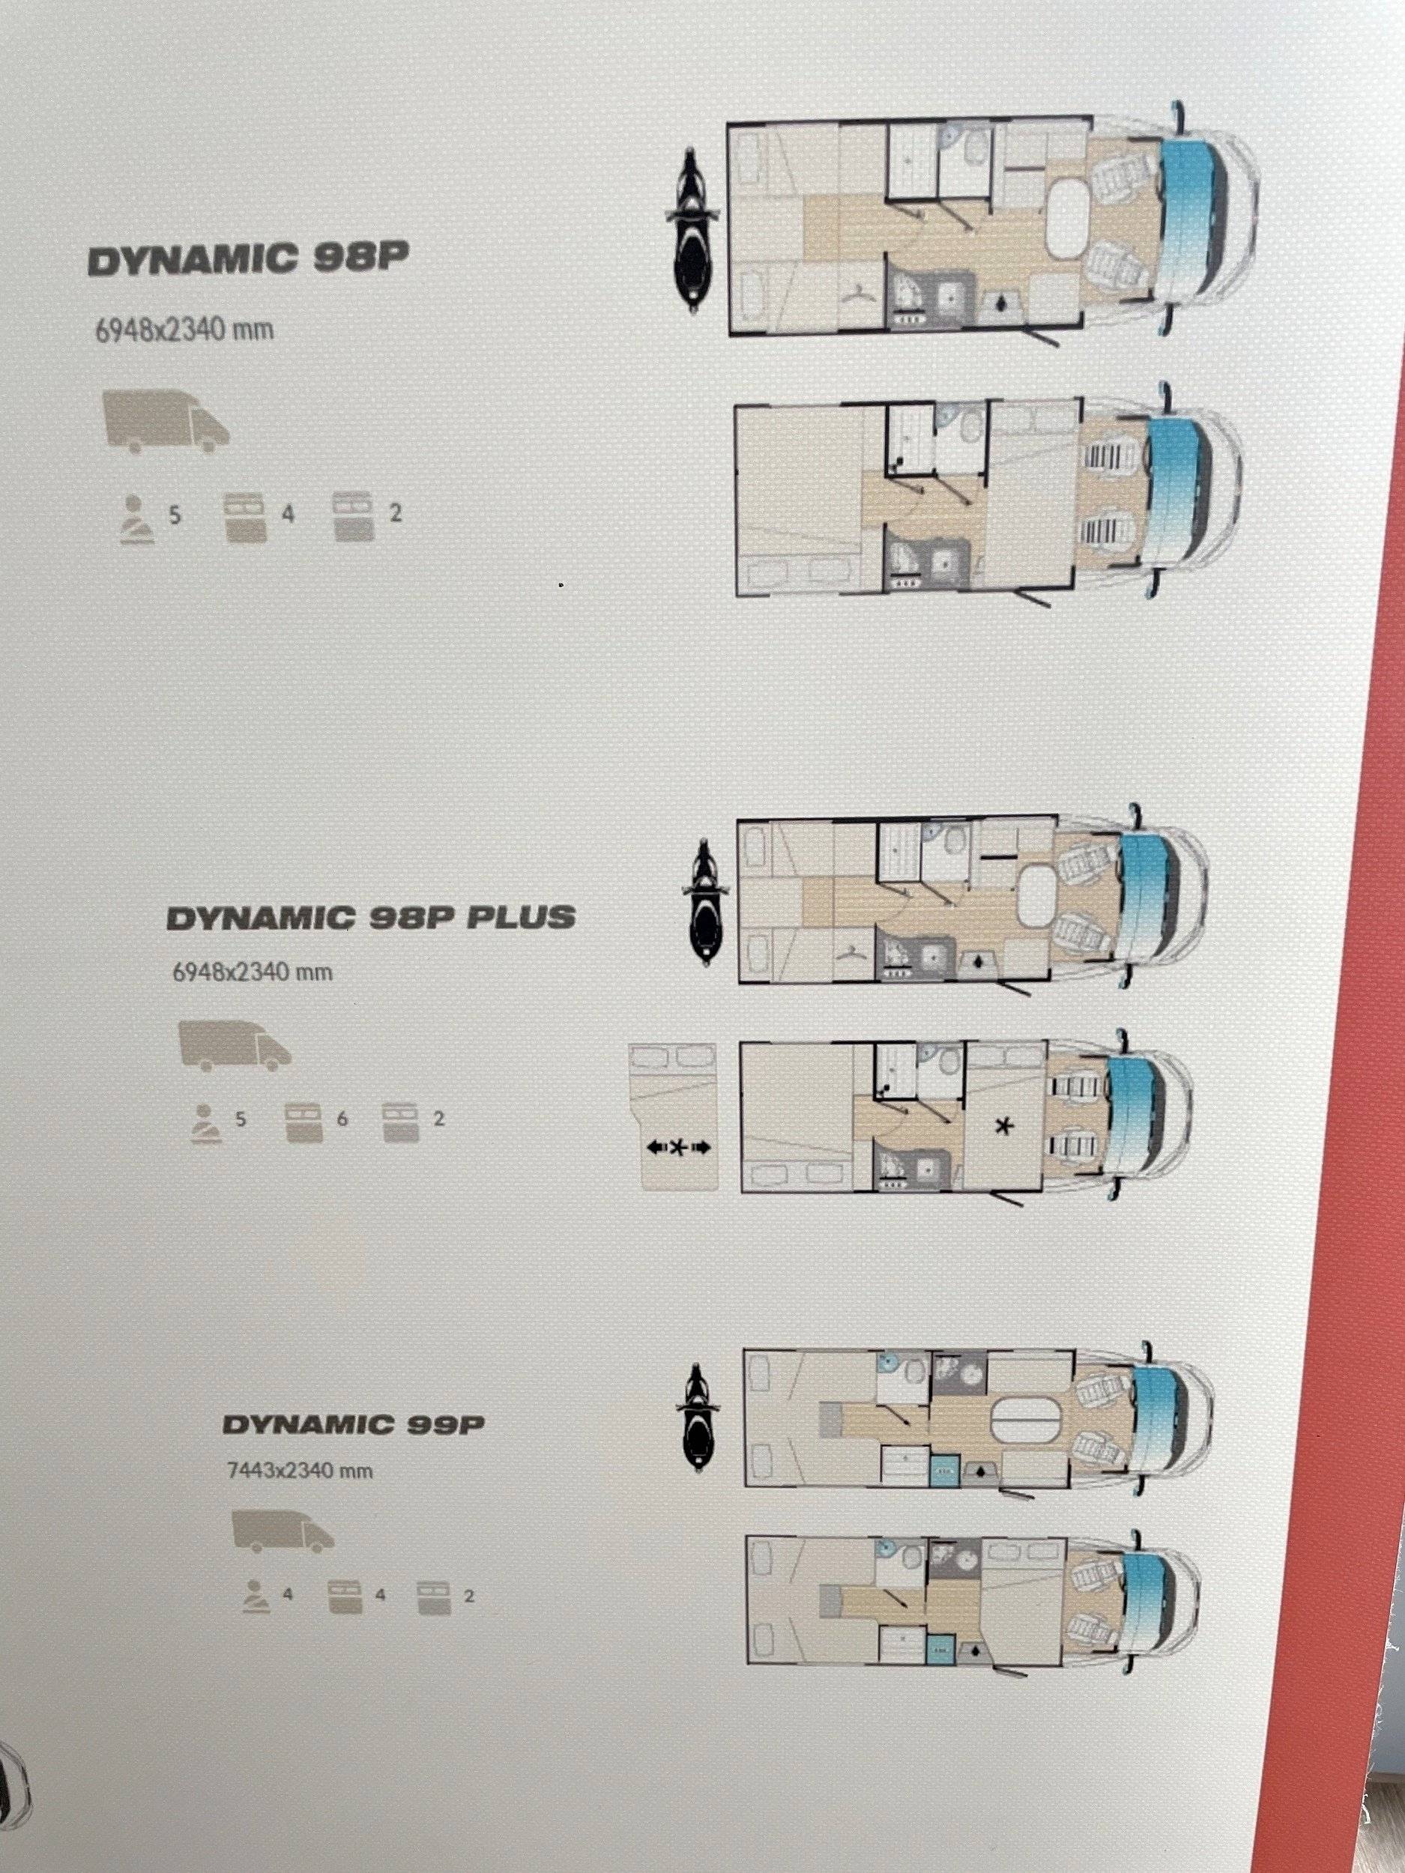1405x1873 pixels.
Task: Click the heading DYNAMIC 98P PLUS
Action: tap(371, 918)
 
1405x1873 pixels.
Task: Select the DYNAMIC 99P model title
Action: tap(353, 1424)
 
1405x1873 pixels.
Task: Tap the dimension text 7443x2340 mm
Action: tap(300, 1471)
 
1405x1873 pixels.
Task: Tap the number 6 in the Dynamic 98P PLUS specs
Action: tap(342, 1119)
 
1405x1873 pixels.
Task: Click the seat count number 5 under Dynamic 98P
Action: tap(175, 514)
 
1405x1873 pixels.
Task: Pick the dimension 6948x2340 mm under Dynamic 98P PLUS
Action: tap(253, 972)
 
